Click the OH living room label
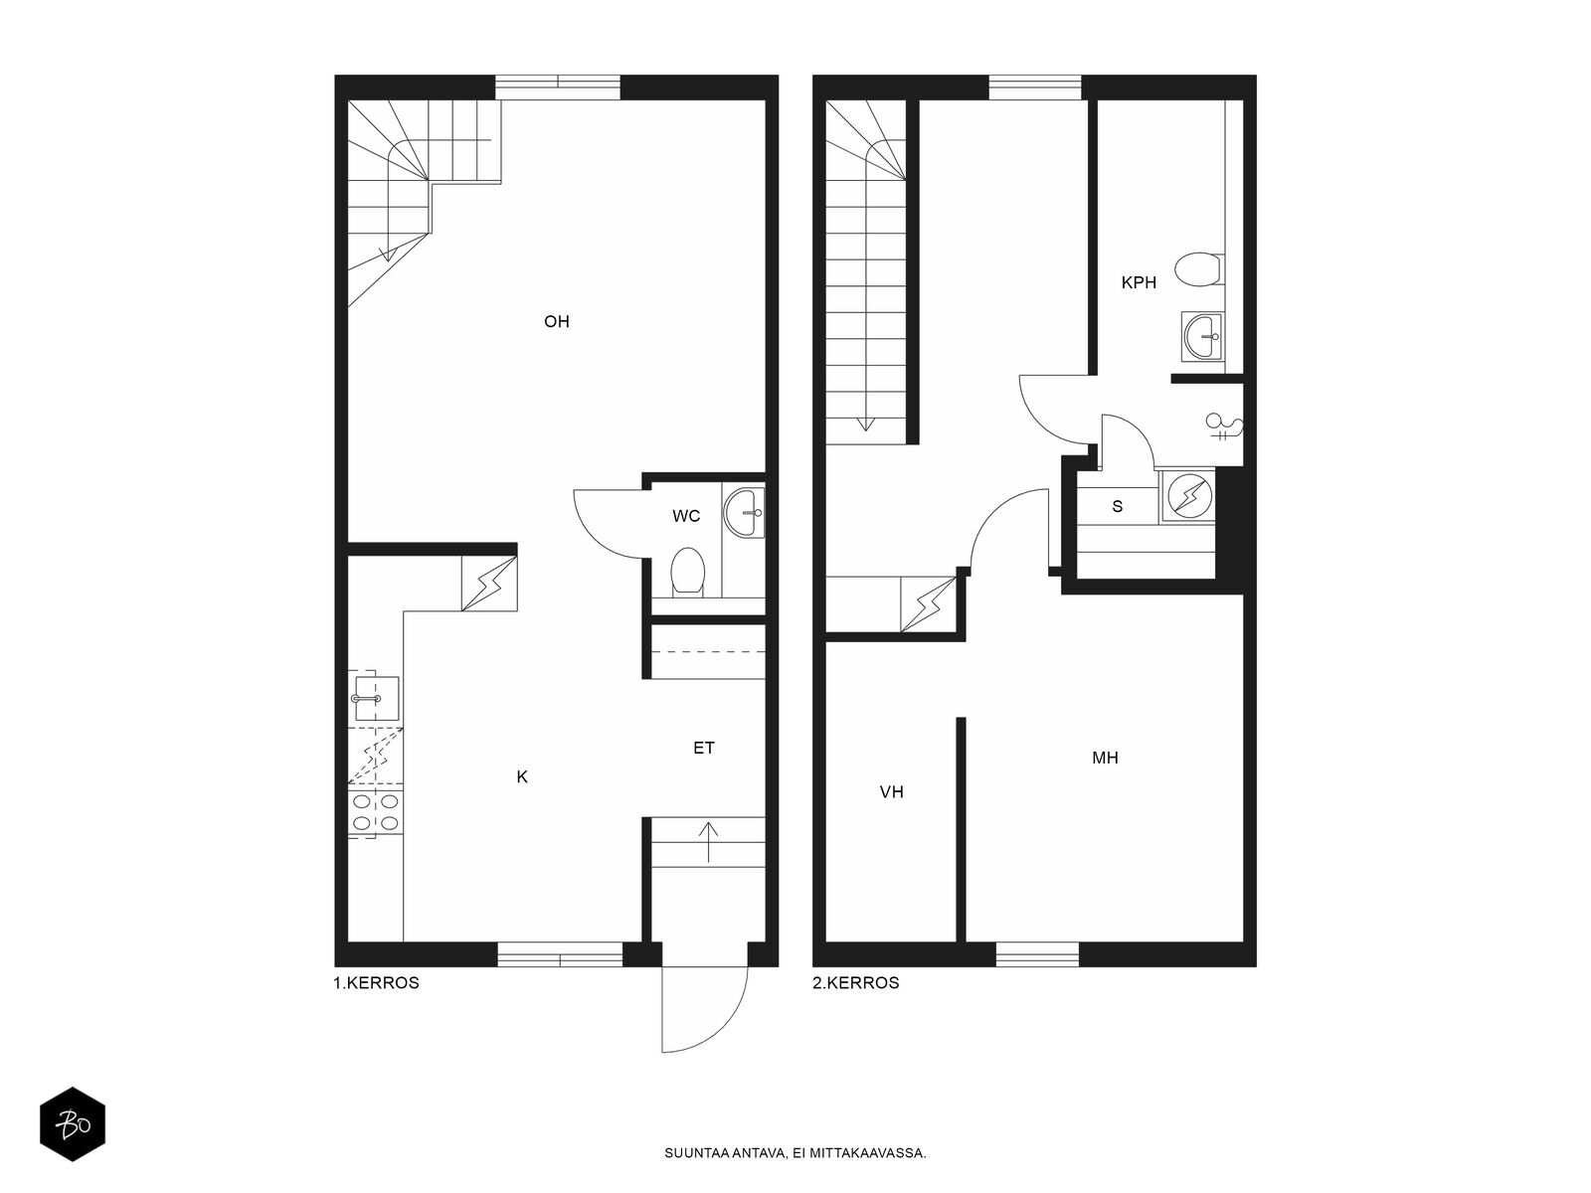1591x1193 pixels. [556, 321]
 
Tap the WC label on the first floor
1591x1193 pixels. [686, 516]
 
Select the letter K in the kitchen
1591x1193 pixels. [522, 776]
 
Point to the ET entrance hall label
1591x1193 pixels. [704, 748]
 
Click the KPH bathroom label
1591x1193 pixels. [1139, 282]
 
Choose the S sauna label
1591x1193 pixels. [1117, 506]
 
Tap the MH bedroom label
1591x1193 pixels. [1105, 758]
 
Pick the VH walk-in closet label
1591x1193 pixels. [892, 791]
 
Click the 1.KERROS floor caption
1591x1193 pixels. [376, 983]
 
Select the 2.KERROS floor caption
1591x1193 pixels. [856, 983]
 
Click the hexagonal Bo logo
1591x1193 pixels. [73, 1124]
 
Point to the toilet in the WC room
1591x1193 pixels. [687, 573]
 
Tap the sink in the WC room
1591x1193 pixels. [745, 513]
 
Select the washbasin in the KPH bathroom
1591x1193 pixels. [1203, 336]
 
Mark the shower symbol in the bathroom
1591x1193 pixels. [1224, 426]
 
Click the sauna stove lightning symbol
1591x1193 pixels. [1189, 495]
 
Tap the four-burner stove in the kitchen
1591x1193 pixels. [376, 812]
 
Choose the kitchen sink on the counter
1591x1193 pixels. [376, 699]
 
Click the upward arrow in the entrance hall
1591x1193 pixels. [707, 842]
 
